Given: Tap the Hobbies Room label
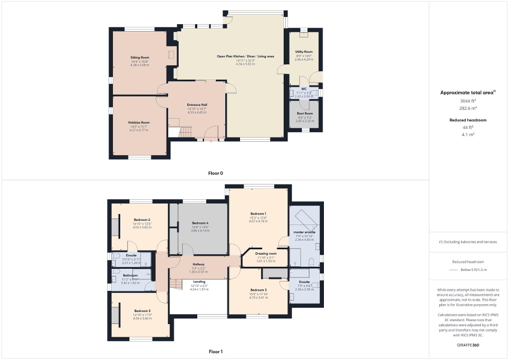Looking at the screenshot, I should [139, 122].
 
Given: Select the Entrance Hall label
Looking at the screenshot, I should [197, 105].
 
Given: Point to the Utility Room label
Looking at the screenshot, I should [304, 52].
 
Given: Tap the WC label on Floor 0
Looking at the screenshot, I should [304, 89].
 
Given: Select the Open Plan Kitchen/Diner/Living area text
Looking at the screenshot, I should [245, 56].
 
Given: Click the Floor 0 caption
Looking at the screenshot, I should [216, 172].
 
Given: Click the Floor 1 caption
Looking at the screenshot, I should [216, 351].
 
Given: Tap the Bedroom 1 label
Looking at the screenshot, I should [258, 213].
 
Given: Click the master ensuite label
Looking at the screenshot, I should [304, 232].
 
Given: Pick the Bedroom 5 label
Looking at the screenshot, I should [142, 311].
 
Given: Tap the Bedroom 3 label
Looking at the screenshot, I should [258, 290].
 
